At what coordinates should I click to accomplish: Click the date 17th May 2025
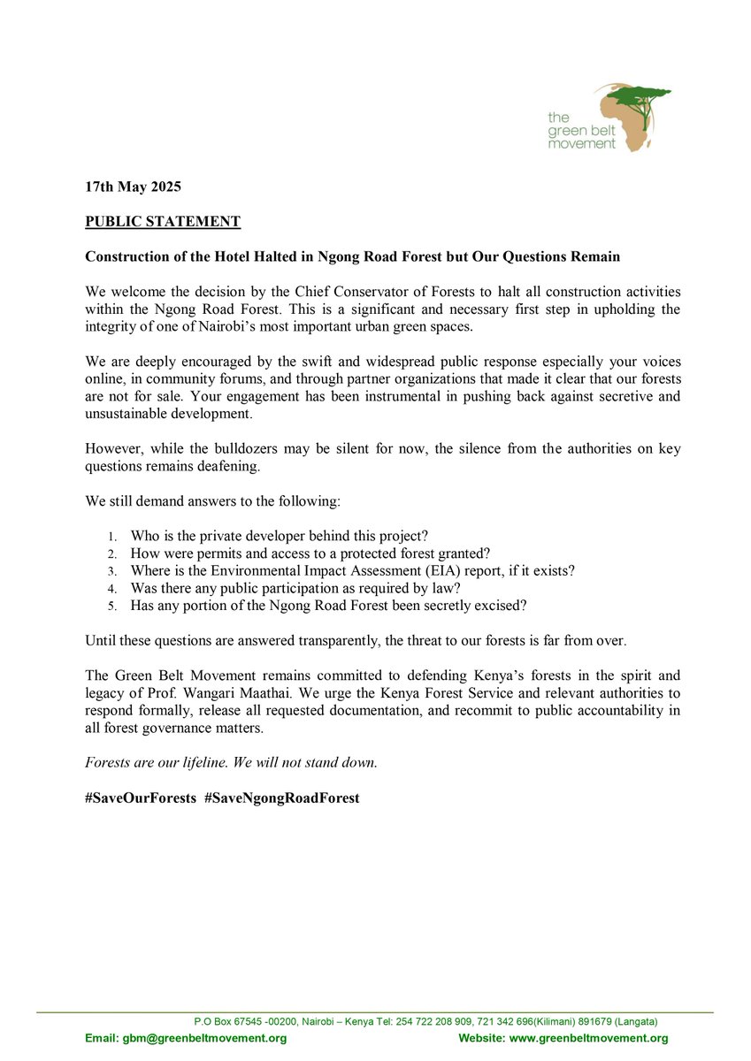133,187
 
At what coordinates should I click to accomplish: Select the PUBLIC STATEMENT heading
162,221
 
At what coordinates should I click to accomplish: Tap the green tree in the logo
637,95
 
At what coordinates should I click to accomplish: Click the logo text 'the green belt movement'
580,130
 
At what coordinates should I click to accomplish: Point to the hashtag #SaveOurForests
141,797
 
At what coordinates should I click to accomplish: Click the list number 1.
111,537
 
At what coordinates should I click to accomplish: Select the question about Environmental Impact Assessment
352,570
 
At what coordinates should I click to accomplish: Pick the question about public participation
295,587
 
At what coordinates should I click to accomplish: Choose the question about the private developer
279,536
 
